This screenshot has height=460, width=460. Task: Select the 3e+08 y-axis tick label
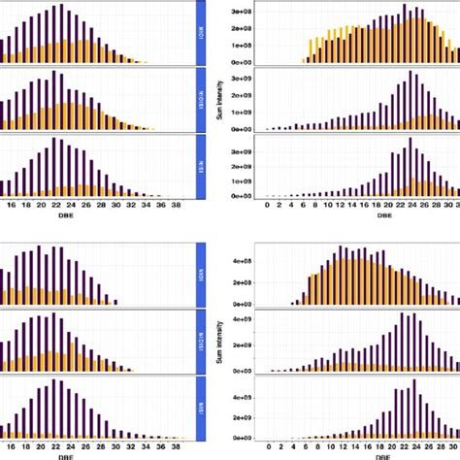[241, 11]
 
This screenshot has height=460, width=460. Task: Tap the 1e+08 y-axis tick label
[241, 45]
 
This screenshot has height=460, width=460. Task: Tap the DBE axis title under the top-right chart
[360, 218]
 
